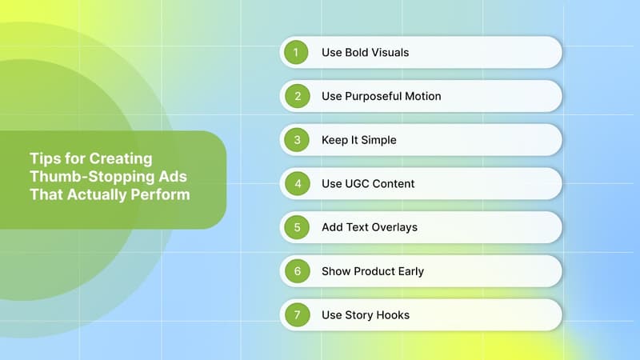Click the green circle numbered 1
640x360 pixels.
(296, 52)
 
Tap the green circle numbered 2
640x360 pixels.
(296, 96)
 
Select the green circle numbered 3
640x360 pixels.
(296, 140)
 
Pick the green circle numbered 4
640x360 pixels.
(296, 183)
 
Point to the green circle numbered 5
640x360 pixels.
(296, 227)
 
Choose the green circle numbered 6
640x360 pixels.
(296, 271)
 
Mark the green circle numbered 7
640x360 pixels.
(296, 314)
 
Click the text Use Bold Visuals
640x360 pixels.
(365, 52)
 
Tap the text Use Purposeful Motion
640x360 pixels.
(381, 96)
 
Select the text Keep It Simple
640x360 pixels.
(358, 140)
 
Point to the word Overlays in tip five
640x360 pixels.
(394, 227)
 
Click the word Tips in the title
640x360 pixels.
(44, 158)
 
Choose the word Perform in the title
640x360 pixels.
(162, 194)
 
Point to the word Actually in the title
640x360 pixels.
(102, 194)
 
